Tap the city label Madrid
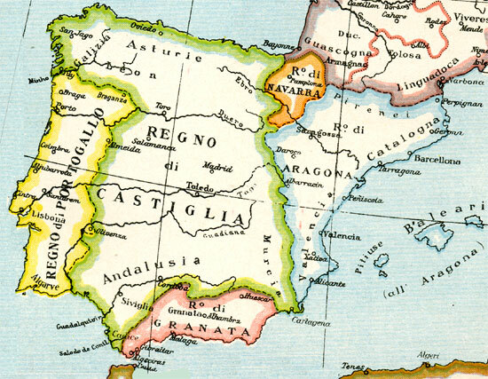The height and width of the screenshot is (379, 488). pos(218,166)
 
